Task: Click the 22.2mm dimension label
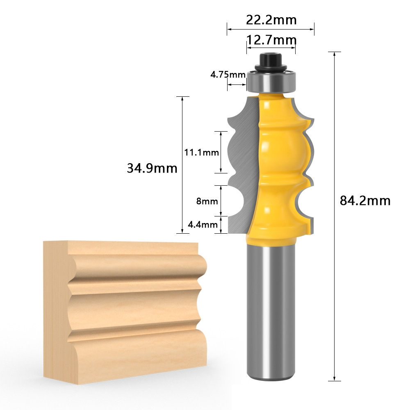pos(271,20)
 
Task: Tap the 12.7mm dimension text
pos(271,40)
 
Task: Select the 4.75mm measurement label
pos(228,75)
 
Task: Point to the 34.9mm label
pos(152,168)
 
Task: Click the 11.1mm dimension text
pos(201,152)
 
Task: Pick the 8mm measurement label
pos(207,201)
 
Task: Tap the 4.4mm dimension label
pos(203,224)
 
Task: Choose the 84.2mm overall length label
pos(365,200)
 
